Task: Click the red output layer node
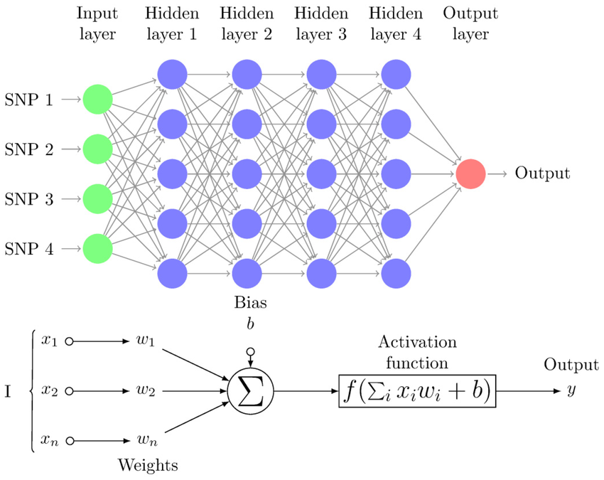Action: (470, 174)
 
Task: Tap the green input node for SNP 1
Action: (97, 100)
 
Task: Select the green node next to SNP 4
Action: (97, 248)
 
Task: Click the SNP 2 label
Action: (28, 149)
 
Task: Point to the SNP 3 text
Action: (28, 199)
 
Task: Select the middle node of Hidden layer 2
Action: (247, 174)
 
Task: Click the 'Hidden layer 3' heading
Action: (320, 23)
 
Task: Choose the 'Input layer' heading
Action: (97, 23)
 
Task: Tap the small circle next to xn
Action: (69, 441)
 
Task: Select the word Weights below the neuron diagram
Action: (147, 466)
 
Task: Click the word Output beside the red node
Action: (542, 174)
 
